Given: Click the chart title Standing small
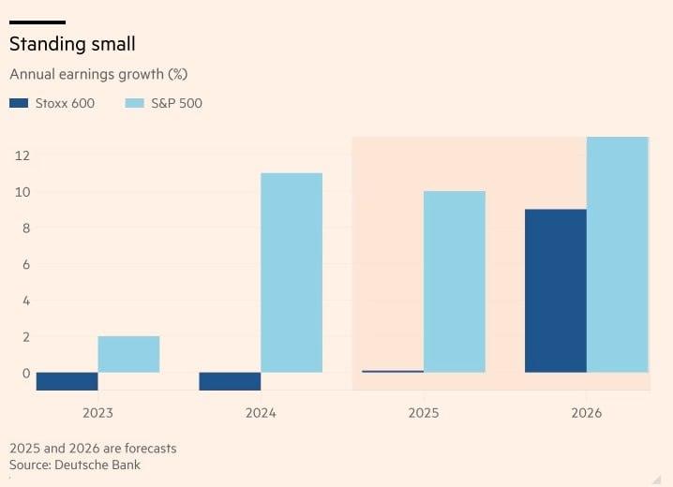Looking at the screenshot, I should (71, 44).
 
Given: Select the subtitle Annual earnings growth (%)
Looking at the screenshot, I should (99, 74).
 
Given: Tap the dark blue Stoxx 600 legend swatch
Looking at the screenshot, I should (20, 103).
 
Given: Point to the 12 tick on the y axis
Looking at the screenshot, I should (22, 155).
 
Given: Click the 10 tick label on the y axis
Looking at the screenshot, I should (22, 192).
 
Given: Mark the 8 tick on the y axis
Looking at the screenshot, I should (25, 228).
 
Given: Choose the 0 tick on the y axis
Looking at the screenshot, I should (25, 373).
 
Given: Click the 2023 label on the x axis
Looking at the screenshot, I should (97, 412).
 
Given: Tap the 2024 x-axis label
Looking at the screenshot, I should (261, 412).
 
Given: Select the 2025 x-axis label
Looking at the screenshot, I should (423, 412).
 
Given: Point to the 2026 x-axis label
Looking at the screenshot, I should (586, 412).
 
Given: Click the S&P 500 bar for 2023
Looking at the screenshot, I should (128, 354).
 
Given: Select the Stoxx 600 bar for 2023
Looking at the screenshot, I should (67, 381).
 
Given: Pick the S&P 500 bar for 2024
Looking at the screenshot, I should (292, 273).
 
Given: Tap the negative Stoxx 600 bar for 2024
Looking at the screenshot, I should (230, 381).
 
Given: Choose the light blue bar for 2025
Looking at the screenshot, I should (455, 282).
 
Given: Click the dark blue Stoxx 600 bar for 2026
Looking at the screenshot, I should (555, 290).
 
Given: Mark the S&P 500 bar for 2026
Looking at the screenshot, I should (617, 255).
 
